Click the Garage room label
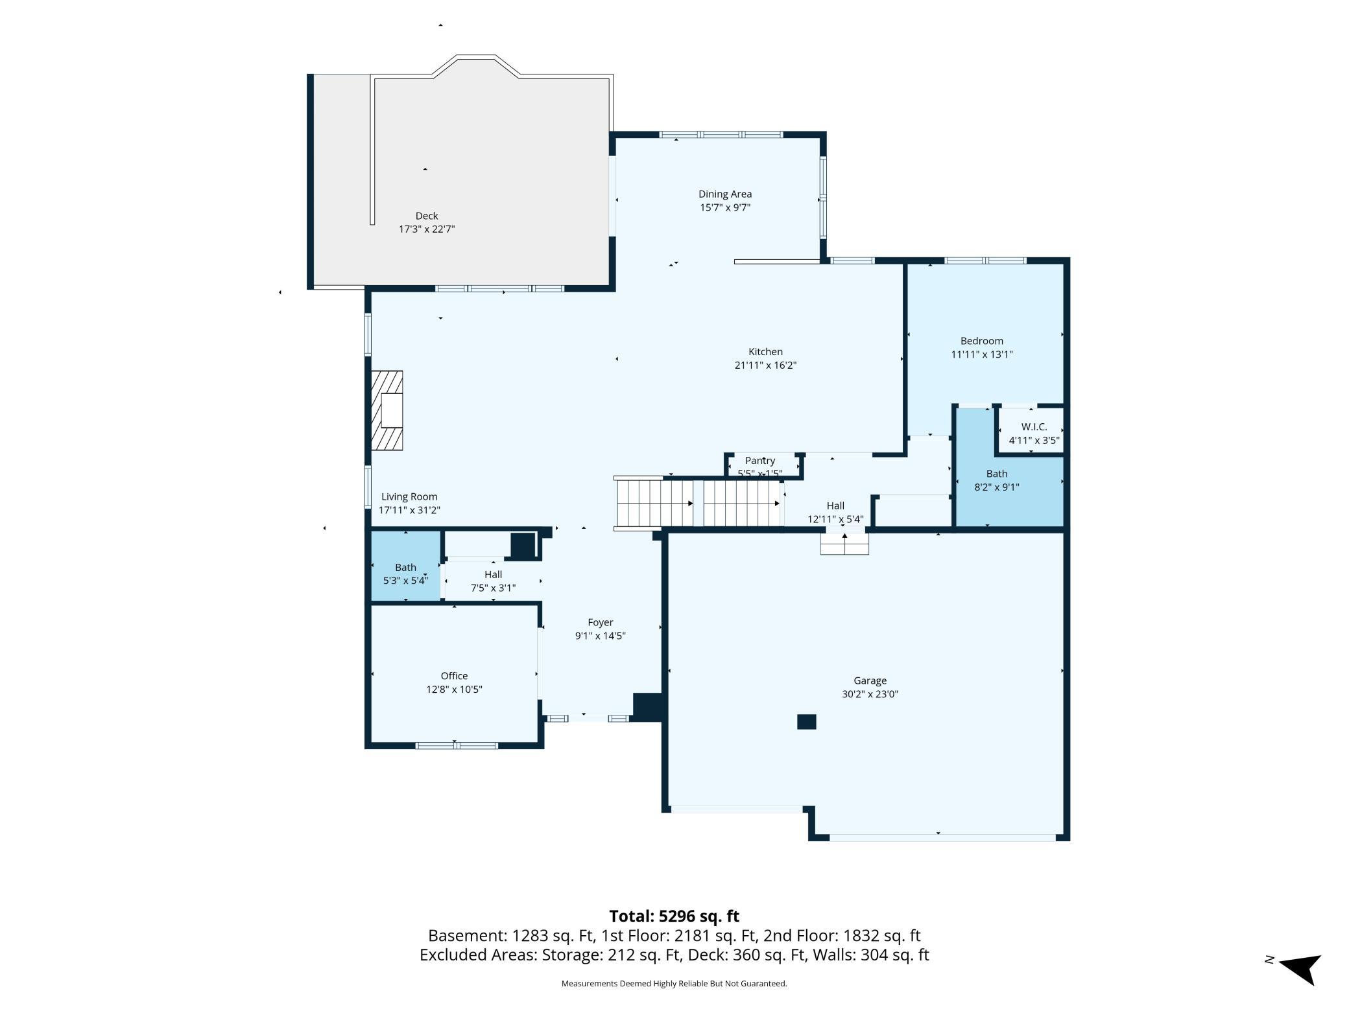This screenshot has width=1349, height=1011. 870,680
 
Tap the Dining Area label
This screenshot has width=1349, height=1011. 725,194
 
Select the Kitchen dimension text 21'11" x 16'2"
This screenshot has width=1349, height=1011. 765,366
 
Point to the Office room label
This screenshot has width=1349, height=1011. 454,676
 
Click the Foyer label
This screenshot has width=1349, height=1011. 601,623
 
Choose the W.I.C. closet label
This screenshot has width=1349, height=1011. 1034,427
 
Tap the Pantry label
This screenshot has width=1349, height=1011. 760,461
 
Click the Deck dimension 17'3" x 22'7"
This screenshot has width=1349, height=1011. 427,229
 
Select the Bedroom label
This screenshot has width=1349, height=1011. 982,341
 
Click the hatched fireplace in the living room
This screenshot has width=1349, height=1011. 387,410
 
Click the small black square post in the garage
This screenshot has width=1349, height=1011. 806,722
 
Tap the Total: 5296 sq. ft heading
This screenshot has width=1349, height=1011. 674,916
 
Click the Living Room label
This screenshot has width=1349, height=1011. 409,497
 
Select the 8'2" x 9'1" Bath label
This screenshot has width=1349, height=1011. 997,480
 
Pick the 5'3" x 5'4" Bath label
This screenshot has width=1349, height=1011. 405,574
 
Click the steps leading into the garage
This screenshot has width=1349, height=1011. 844,543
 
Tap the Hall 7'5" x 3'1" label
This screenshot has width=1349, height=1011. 493,581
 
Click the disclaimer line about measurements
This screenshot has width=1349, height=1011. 674,984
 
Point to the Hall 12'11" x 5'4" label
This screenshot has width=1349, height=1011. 835,513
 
